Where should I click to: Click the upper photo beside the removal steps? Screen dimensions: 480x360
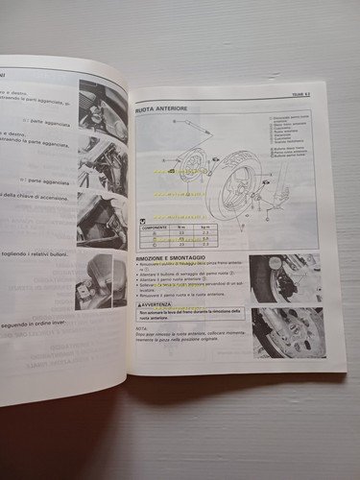(284, 279)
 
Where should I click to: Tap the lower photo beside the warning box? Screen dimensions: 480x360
(287, 332)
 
